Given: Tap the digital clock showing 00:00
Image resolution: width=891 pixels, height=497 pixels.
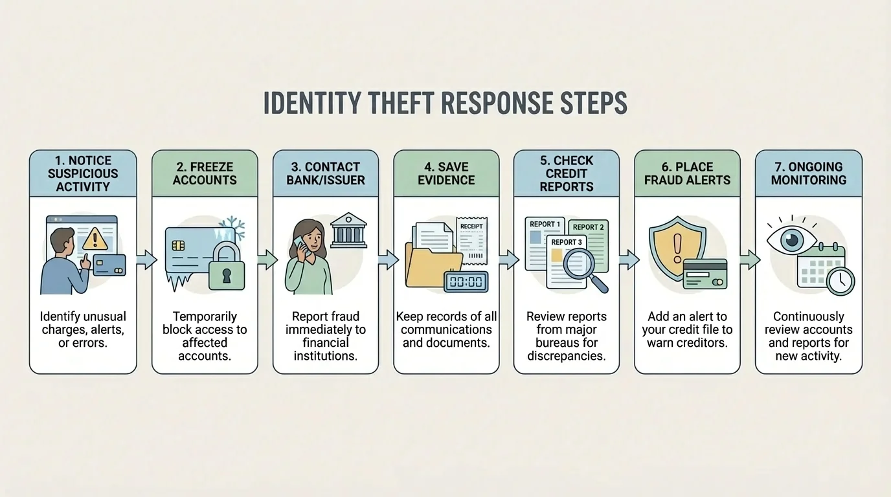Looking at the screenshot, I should click(466, 282).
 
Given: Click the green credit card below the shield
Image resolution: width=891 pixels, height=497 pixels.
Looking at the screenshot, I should click(705, 274).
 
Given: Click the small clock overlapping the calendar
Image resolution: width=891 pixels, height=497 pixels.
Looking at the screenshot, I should click(840, 282).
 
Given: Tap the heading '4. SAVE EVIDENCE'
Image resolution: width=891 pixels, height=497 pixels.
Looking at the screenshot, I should click(445, 173).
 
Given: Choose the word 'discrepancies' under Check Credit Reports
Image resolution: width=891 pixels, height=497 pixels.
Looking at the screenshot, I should click(566, 355).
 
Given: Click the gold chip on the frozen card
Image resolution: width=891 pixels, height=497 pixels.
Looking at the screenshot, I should click(179, 247).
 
